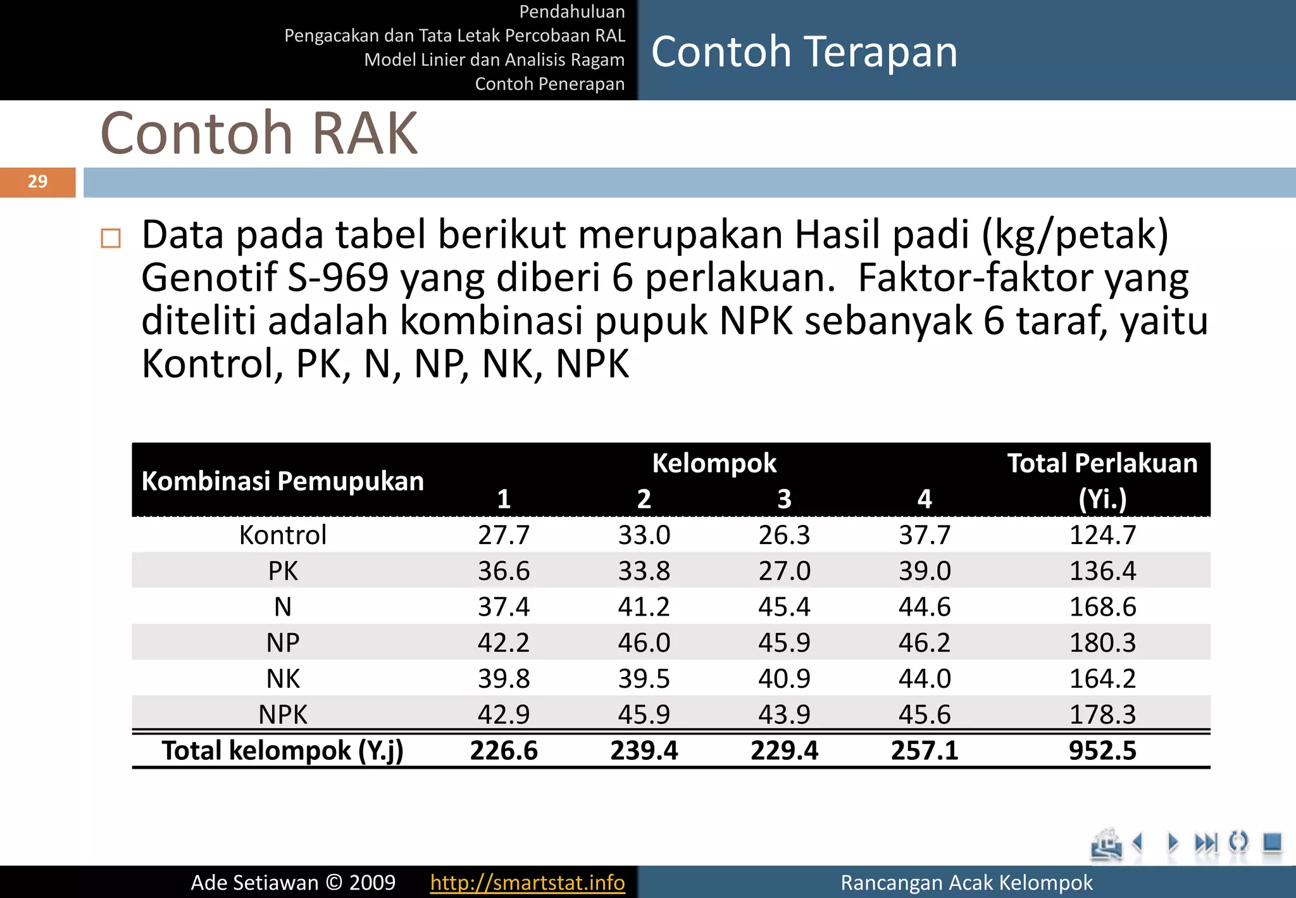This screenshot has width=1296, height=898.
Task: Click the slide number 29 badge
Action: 38,182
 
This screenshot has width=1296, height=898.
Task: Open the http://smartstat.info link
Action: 527,882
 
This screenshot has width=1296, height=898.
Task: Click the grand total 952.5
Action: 1102,750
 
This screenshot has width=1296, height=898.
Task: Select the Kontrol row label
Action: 283,535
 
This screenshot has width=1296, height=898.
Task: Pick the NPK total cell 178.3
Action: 1102,714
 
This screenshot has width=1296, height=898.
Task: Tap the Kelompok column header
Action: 714,463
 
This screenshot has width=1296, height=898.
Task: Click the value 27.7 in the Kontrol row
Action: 504,535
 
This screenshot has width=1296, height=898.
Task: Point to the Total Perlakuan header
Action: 1102,480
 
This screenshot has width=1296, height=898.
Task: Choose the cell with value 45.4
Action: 784,607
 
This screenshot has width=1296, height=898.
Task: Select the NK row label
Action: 283,679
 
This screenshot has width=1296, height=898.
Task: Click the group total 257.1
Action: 925,750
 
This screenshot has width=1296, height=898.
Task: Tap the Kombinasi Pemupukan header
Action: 283,481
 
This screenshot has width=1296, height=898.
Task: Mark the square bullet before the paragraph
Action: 111,238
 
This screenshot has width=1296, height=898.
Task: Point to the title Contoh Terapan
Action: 804,52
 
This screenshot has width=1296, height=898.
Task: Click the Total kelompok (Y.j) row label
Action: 283,750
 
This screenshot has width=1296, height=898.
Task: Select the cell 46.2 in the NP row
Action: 925,643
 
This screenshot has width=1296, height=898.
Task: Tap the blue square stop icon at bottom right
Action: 1272,842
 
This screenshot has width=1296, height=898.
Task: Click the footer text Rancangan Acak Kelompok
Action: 966,882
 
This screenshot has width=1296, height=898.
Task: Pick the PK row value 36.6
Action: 504,571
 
